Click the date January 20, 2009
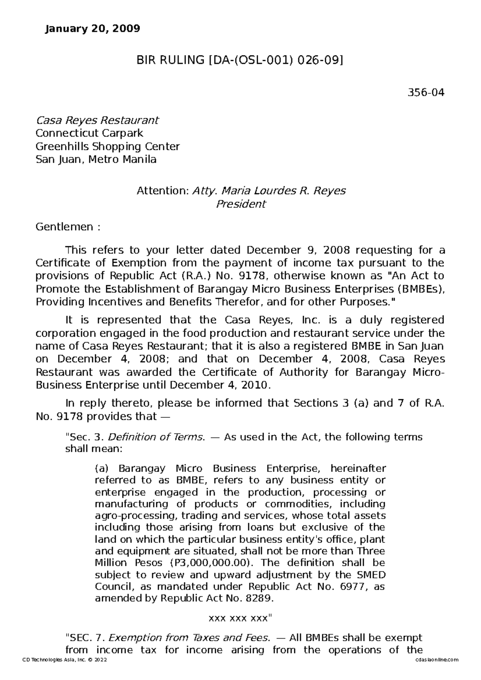(93, 29)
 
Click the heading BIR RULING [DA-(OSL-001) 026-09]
(240, 60)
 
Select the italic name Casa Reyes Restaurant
(97, 120)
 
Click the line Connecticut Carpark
(89, 133)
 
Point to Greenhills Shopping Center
(107, 146)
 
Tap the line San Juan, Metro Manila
(96, 159)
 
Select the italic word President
(240, 204)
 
